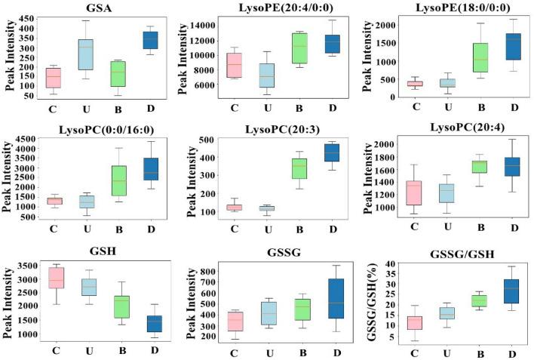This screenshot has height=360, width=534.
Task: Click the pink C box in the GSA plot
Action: [x=53, y=78]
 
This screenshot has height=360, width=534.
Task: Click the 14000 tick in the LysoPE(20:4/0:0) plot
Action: [x=198, y=25]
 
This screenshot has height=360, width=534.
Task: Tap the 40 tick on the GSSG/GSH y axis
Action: [x=392, y=266]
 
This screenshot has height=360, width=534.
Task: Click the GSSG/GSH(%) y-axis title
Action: [x=374, y=301]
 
